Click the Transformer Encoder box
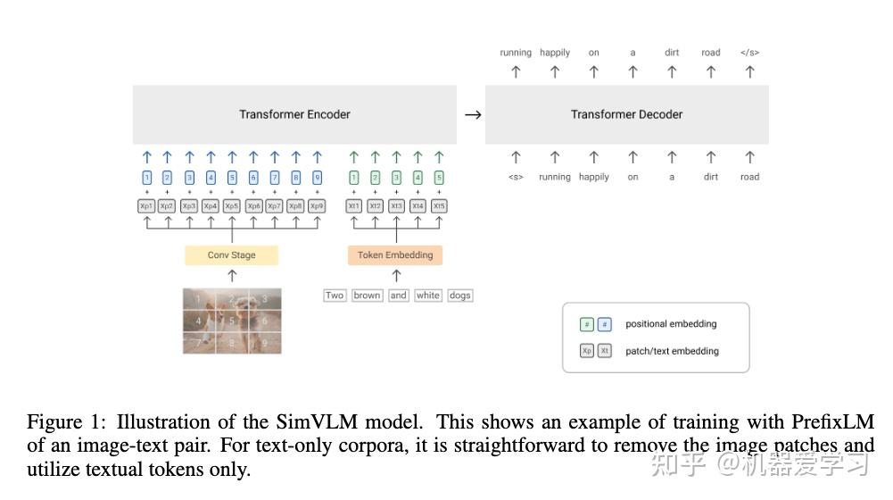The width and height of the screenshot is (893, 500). [294, 114]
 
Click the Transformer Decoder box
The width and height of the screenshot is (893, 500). [626, 114]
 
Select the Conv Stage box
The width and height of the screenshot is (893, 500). [232, 255]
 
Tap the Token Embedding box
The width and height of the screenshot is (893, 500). [395, 255]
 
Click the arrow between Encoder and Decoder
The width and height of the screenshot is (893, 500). [473, 114]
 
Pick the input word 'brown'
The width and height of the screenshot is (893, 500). [367, 296]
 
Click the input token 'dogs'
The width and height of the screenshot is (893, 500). [459, 296]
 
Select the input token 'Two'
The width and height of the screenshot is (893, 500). [335, 296]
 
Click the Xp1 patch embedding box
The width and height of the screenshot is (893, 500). [146, 206]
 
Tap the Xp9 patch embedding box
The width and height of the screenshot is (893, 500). [317, 206]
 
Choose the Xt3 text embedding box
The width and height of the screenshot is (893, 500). [396, 206]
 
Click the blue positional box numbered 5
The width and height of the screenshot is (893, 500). [232, 178]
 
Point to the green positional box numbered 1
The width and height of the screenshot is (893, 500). [353, 178]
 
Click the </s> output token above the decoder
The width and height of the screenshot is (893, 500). [749, 53]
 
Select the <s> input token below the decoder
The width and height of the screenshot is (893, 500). [516, 177]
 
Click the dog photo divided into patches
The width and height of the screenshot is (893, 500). [232, 321]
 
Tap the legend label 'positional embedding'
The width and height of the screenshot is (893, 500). [671, 324]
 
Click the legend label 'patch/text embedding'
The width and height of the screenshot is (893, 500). [672, 351]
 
